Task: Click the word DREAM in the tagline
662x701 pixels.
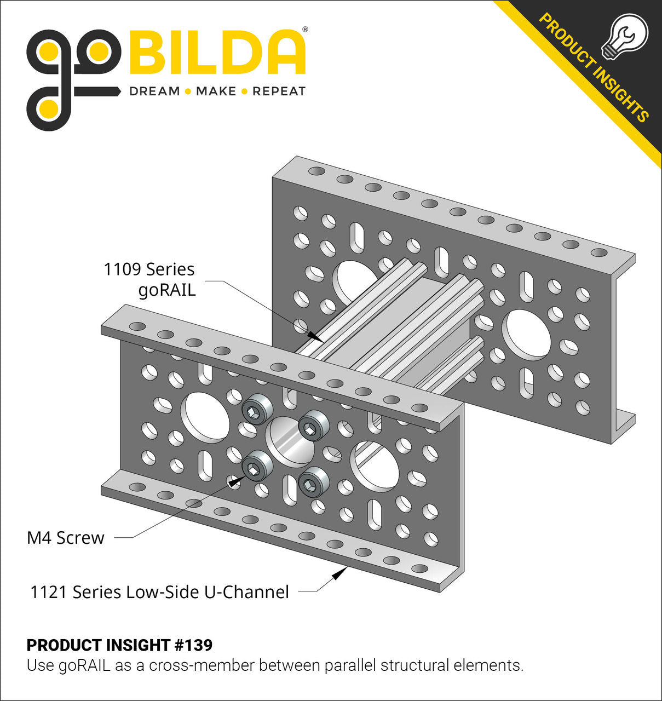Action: (154, 91)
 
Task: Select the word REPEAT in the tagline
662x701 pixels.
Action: (279, 91)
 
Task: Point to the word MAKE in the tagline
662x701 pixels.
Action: (216, 91)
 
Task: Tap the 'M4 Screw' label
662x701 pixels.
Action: (66, 537)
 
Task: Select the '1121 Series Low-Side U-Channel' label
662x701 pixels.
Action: (159, 592)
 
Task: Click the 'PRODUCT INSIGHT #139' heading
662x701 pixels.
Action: (119, 645)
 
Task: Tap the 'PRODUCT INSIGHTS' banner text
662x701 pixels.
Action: (594, 67)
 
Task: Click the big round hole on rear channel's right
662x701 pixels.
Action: (526, 335)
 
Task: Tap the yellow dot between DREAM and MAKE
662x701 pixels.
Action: (188, 91)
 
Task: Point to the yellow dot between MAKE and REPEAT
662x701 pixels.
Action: (244, 91)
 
